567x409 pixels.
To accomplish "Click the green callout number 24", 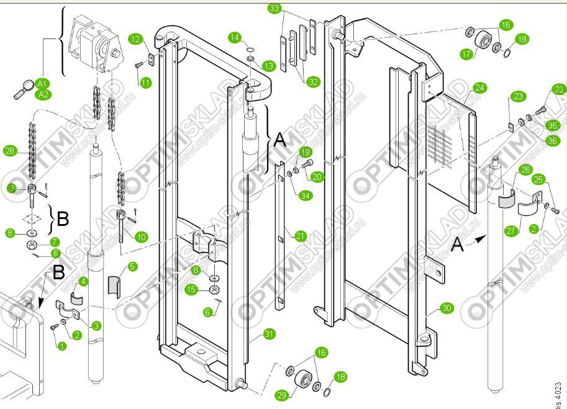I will pyautogui.click(x=479, y=88).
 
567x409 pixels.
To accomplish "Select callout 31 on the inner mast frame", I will pyautogui.click(x=268, y=334).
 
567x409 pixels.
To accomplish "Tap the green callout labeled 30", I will pyautogui.click(x=447, y=307).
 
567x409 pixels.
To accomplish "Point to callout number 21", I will pyautogui.click(x=300, y=236).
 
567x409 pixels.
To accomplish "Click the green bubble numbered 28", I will pyautogui.click(x=9, y=151).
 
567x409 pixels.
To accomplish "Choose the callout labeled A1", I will pyautogui.click(x=42, y=83).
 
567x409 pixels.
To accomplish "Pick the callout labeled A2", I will pyautogui.click(x=43, y=94).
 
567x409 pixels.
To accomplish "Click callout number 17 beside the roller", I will pyautogui.click(x=467, y=54).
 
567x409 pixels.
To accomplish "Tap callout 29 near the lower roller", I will pyautogui.click(x=281, y=395).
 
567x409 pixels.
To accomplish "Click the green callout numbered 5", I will pyautogui.click(x=132, y=267).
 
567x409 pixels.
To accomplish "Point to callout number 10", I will pyautogui.click(x=141, y=236).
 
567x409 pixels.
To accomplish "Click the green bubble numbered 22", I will pyautogui.click(x=560, y=89).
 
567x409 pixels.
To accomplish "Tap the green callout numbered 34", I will pyautogui.click(x=305, y=196).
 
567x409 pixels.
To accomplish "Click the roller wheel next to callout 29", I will pyautogui.click(x=304, y=379).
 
